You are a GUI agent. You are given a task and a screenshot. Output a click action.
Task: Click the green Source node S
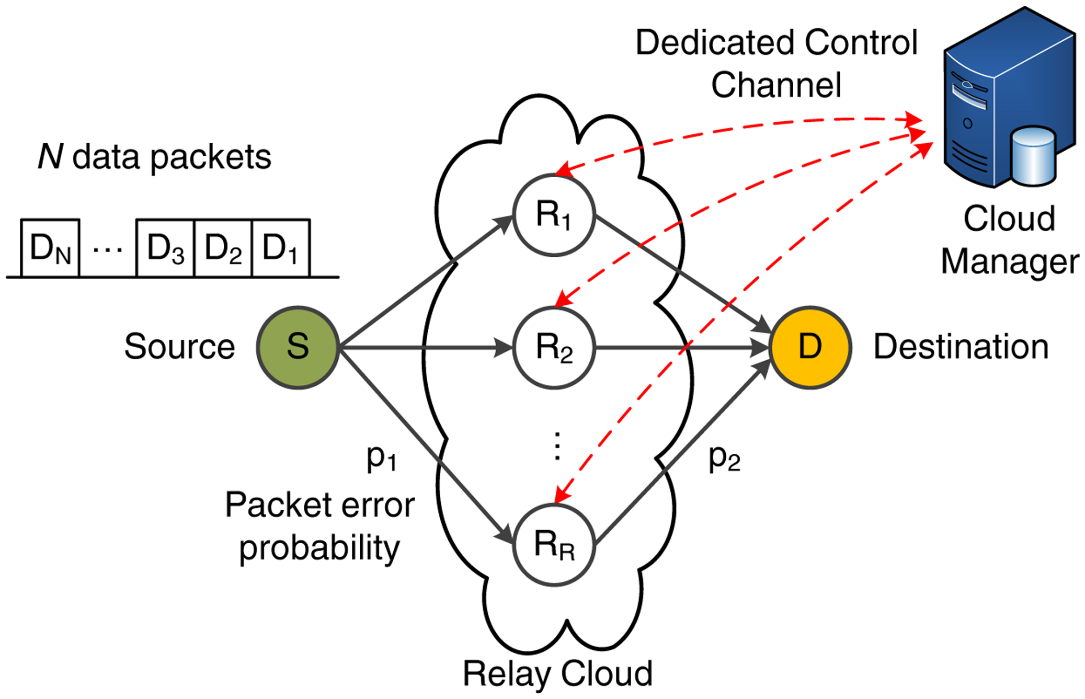(298, 347)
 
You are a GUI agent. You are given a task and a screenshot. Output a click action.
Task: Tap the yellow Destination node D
(810, 347)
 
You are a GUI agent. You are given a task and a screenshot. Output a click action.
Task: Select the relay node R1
(554, 215)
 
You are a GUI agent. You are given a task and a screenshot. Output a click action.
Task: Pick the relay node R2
(554, 347)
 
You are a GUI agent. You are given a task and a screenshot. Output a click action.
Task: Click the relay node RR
(554, 545)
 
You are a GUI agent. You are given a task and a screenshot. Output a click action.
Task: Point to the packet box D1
(281, 248)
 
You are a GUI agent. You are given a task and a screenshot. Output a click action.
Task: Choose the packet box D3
(165, 248)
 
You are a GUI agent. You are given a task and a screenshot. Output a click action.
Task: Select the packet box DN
(50, 248)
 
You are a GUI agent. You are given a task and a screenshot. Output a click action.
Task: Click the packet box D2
(223, 248)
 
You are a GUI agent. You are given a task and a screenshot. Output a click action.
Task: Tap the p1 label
(381, 458)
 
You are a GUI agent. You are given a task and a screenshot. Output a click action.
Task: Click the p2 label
(724, 458)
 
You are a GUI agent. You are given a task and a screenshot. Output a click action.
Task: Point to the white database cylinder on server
(1033, 156)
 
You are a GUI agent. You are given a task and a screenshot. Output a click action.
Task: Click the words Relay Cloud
(558, 673)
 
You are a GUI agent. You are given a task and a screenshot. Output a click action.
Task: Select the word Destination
(961, 347)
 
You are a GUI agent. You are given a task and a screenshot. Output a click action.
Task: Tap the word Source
(179, 347)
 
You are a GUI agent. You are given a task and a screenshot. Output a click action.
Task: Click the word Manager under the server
(1010, 261)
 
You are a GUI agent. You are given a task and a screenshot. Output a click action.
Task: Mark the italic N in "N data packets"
(51, 156)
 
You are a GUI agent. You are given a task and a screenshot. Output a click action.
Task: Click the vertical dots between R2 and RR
(557, 446)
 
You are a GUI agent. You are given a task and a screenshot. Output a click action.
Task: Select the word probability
(319, 549)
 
